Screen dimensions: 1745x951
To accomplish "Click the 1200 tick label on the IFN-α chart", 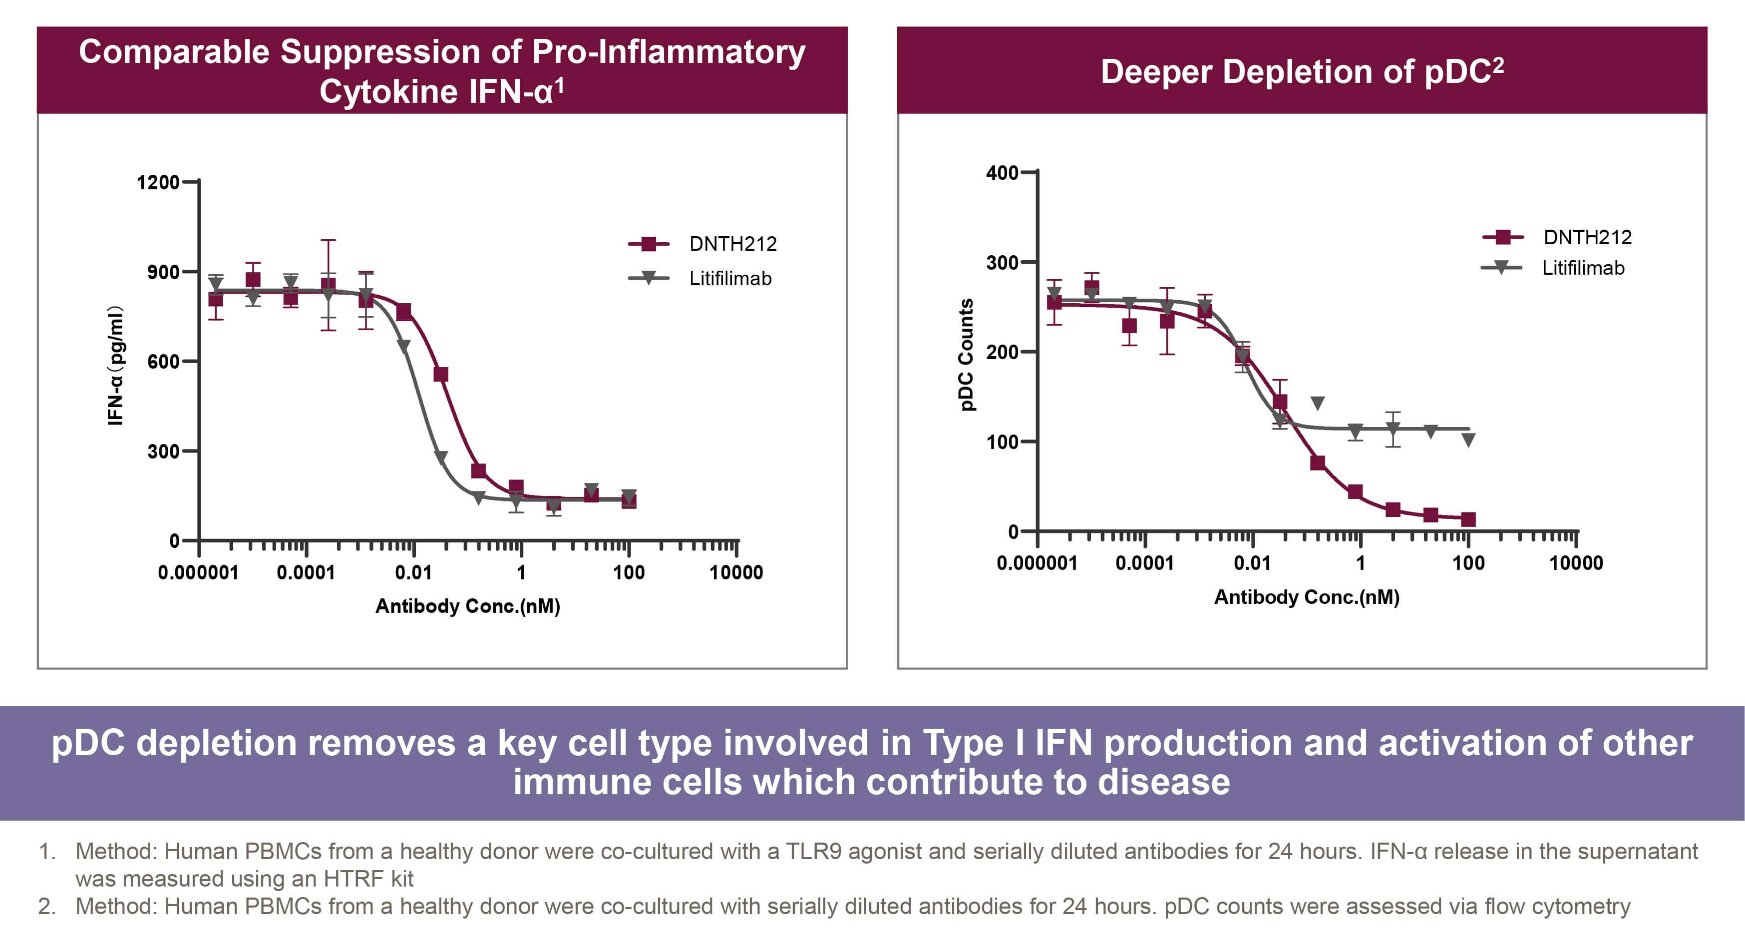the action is [158, 182].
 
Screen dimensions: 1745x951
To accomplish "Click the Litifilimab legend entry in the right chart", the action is [1553, 268].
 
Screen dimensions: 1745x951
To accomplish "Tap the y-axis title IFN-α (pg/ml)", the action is [116, 366].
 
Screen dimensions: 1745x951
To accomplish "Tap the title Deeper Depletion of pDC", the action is [1302, 71].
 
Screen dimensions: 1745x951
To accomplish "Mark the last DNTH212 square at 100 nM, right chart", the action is [1468, 520].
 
